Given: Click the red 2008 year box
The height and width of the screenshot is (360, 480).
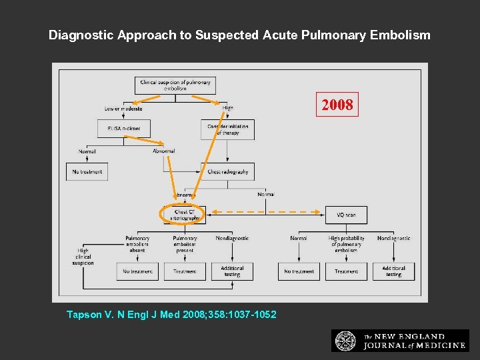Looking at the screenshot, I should coord(337,105).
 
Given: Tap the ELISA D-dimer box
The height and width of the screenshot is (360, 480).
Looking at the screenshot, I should coord(124,129).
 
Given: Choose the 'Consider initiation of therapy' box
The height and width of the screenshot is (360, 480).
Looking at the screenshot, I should coord(227,129).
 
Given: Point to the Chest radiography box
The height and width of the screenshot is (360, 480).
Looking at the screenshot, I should coord(227,172).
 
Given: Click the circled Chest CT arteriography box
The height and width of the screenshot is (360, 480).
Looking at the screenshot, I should coord(185,215).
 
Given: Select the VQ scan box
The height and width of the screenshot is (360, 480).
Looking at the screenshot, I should coord(346,215).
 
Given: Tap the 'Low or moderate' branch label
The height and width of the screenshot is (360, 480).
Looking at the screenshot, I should coord(123,109).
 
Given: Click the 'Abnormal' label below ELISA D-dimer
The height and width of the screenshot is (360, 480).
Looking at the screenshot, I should coord(163,151).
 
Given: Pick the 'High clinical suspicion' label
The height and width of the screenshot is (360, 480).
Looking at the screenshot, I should coord(84,257).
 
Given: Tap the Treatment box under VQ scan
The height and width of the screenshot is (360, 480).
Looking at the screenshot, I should coord(346,271).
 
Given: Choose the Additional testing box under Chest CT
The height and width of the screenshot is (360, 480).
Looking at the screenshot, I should coord(232,271).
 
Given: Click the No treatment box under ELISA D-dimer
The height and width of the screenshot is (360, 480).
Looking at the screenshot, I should coord(87,172).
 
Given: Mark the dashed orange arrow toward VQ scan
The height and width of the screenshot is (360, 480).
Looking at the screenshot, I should coord(267,213).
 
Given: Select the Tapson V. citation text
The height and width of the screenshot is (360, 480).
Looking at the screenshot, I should coord(171,314).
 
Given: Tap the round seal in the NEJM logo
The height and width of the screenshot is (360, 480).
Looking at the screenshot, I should coord(345,341).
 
